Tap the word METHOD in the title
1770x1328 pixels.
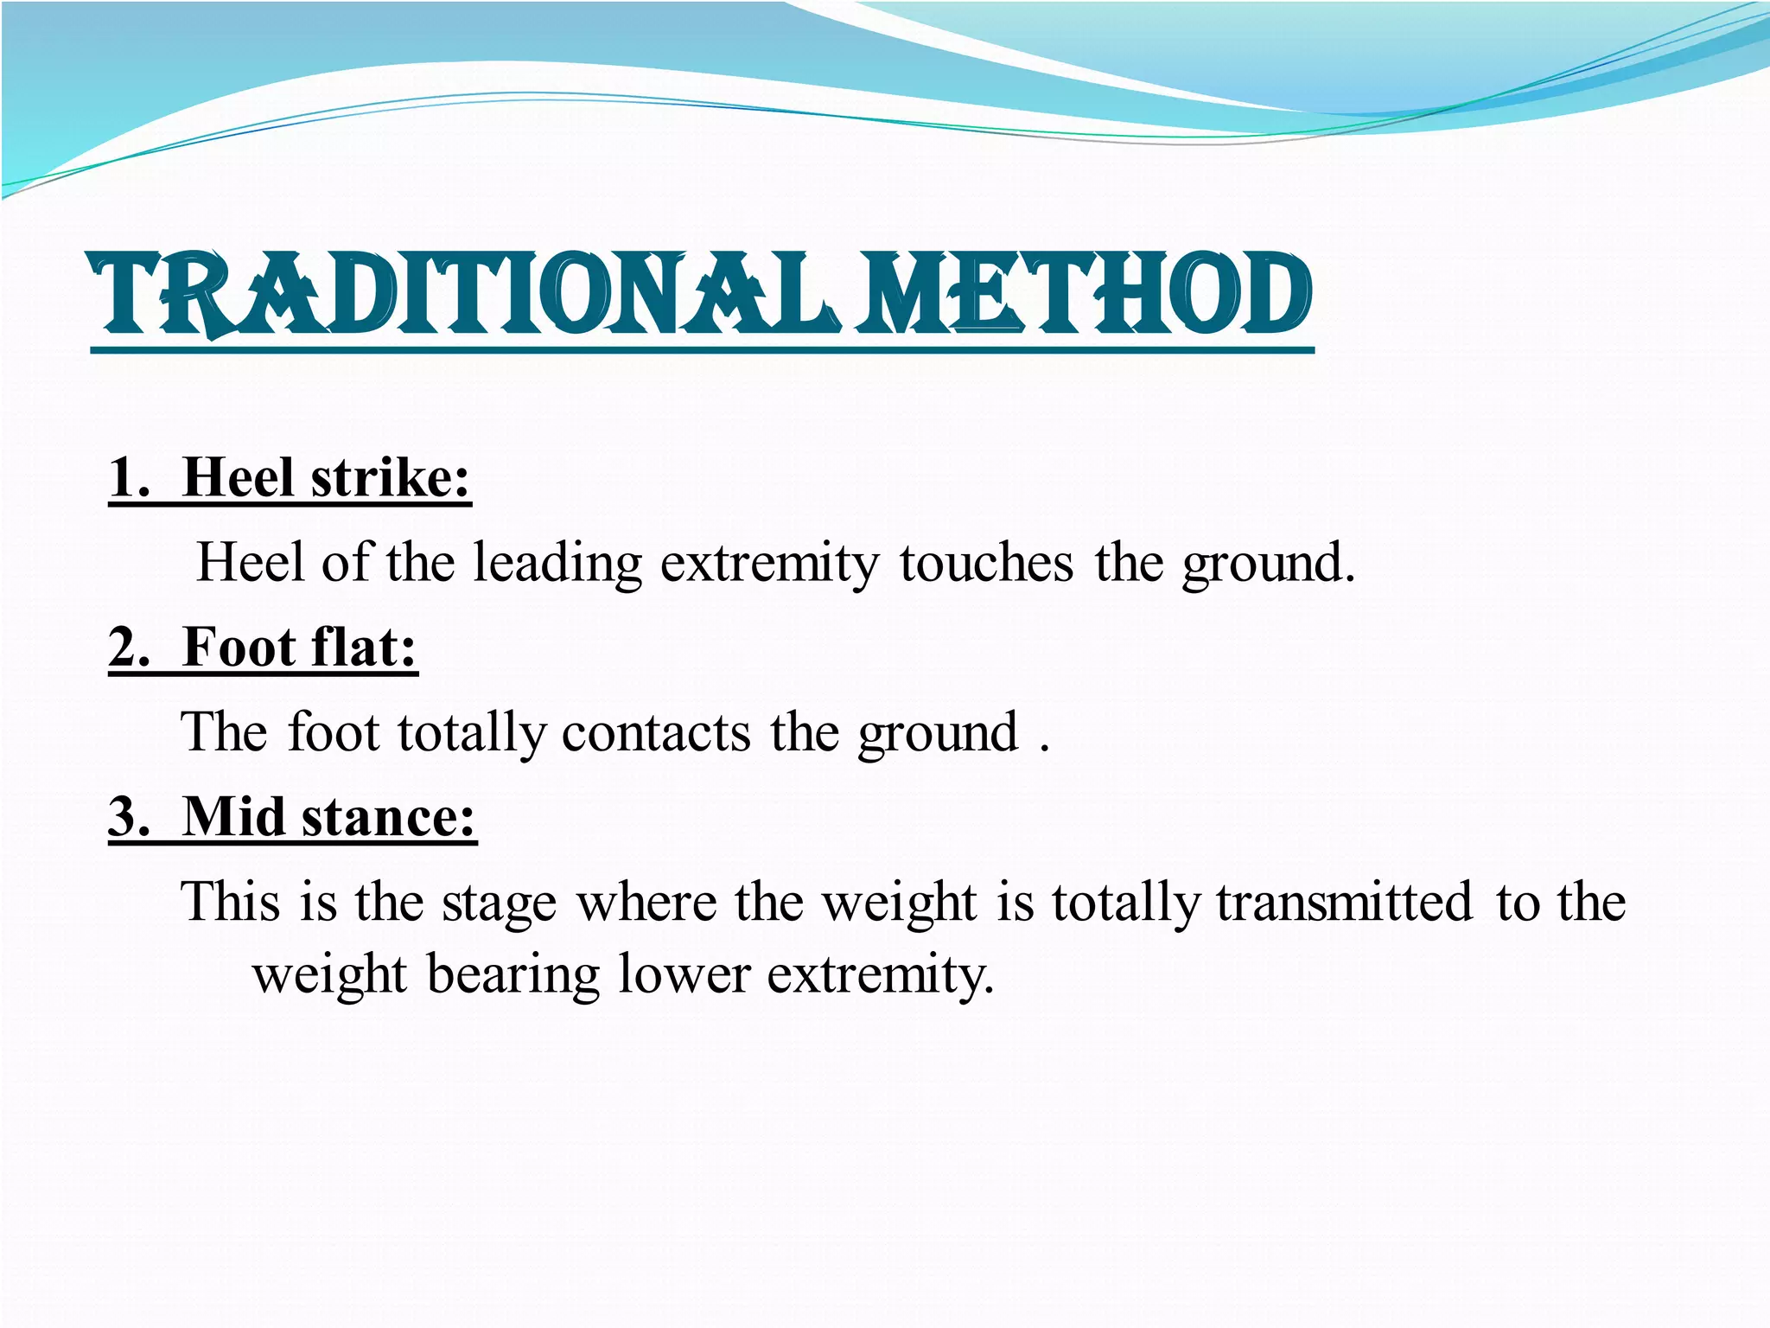click(1085, 294)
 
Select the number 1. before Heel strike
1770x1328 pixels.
click(131, 477)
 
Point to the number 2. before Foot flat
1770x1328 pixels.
click(131, 647)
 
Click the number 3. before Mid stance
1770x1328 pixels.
click(131, 816)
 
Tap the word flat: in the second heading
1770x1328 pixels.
click(364, 647)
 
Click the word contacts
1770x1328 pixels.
click(656, 733)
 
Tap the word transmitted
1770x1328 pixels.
click(1344, 903)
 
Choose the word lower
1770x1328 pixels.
click(684, 975)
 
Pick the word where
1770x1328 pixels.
click(646, 903)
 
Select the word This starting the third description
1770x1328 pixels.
click(230, 903)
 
